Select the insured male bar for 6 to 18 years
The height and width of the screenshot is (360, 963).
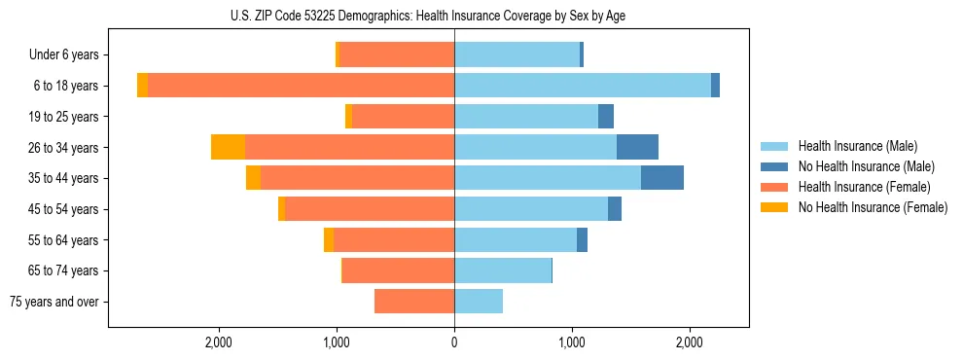pyautogui.click(x=582, y=86)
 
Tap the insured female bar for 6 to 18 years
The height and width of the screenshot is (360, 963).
pyautogui.click(x=301, y=86)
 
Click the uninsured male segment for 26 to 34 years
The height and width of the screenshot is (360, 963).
pyautogui.click(x=637, y=147)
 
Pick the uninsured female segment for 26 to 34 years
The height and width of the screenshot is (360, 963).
pyautogui.click(x=228, y=147)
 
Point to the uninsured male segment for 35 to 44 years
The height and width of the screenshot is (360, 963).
pyautogui.click(x=661, y=178)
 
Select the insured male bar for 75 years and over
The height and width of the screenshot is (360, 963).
pyautogui.click(x=479, y=302)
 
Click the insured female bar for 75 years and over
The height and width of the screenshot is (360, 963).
pyautogui.click(x=414, y=302)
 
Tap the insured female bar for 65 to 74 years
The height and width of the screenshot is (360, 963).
pyautogui.click(x=398, y=270)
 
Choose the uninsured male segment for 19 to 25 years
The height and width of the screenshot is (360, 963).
pyautogui.click(x=605, y=117)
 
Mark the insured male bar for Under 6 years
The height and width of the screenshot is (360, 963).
pyautogui.click(x=517, y=54)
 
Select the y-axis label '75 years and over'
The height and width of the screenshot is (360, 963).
pyautogui.click(x=54, y=302)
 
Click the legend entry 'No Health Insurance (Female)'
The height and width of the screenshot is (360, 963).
pyautogui.click(x=872, y=207)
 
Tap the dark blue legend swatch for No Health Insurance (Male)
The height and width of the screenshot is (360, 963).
pyautogui.click(x=774, y=166)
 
